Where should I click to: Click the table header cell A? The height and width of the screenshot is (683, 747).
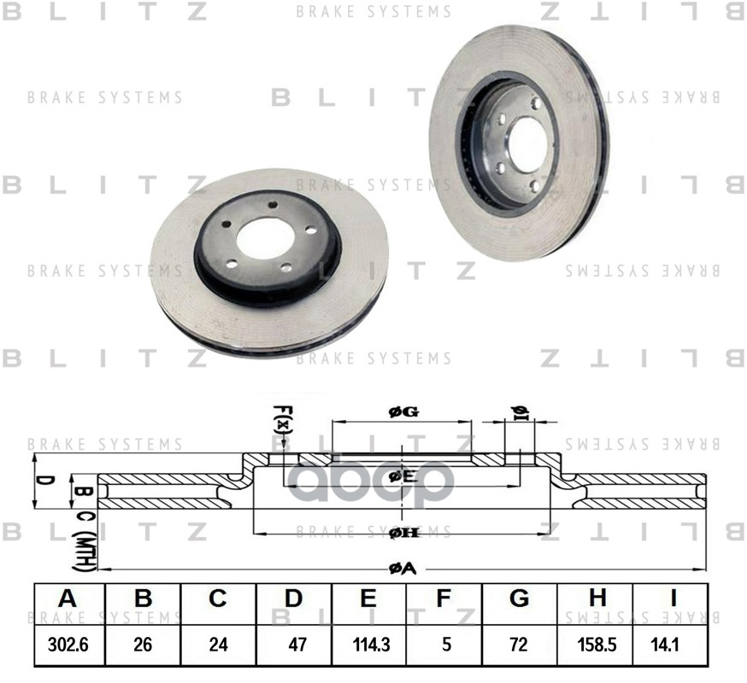68,599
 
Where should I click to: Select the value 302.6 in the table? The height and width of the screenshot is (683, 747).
68,645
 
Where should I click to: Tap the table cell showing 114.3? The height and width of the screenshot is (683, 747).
368,645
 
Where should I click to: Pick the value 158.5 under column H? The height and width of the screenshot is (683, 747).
595,645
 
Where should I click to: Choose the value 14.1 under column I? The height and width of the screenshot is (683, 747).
670,645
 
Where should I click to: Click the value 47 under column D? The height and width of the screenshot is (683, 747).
294,645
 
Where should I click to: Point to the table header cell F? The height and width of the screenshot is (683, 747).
444,599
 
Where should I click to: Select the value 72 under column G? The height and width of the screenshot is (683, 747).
519,645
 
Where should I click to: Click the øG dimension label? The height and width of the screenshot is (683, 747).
403,412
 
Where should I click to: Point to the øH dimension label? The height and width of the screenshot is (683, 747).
403,534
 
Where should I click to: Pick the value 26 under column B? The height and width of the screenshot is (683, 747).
144,645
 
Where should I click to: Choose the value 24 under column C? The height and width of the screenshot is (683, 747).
219,645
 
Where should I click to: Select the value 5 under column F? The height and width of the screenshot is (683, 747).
444,645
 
